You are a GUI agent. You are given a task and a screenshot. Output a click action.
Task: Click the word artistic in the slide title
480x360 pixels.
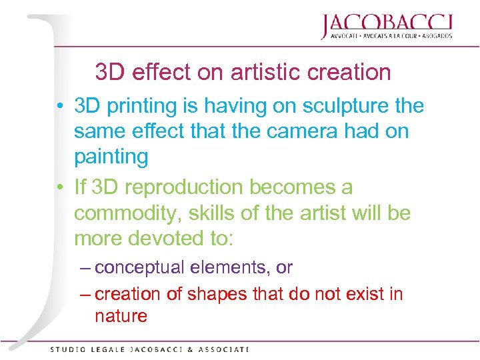point(262,71)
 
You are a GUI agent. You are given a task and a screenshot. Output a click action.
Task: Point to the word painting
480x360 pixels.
point(111,157)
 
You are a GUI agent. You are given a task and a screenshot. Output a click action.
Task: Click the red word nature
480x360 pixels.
point(121,316)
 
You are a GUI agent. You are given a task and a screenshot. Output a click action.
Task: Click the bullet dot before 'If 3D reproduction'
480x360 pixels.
point(61,189)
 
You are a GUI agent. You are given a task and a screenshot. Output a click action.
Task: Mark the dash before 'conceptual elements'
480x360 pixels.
point(85,268)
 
